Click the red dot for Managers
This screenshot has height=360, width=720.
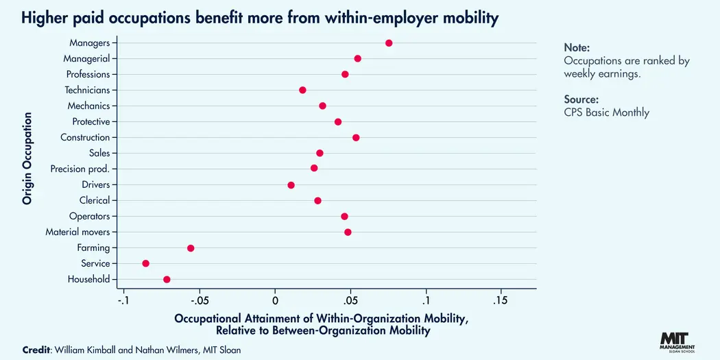pyautogui.click(x=389, y=43)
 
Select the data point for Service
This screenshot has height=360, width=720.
pyautogui.click(x=145, y=263)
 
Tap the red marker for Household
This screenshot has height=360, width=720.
pyautogui.click(x=167, y=279)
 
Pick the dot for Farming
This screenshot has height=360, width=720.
pyautogui.click(x=191, y=248)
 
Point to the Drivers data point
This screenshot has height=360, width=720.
pyautogui.click(x=291, y=185)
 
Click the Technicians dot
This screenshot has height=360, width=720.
pyautogui.click(x=302, y=90)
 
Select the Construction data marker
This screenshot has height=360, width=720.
pyautogui.click(x=356, y=138)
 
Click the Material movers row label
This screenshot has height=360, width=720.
pyautogui.click(x=77, y=232)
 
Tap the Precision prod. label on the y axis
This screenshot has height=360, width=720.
pyautogui.click(x=80, y=169)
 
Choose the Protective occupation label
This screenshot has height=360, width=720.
pyautogui.click(x=91, y=121)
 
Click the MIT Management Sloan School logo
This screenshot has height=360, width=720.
pyautogui.click(x=677, y=341)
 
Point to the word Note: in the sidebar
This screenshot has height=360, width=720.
pyautogui.click(x=577, y=47)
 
